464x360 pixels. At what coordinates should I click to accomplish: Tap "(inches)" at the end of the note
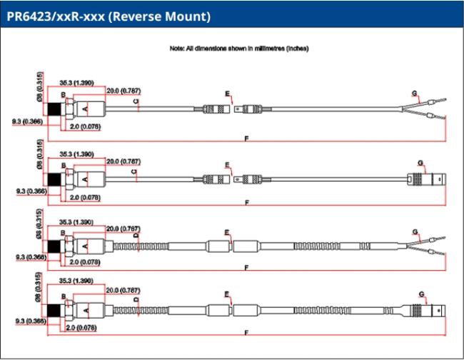(297, 48)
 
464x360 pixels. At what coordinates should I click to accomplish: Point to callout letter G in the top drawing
(414, 94)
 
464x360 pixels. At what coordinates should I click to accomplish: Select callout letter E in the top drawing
(228, 94)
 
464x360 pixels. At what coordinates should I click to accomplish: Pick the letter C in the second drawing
(135, 172)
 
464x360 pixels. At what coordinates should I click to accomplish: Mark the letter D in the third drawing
(135, 236)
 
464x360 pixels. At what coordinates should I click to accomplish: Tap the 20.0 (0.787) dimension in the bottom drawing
(123, 290)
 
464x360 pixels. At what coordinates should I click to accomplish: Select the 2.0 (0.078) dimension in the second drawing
(85, 196)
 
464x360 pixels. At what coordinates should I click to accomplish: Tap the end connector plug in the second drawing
(425, 179)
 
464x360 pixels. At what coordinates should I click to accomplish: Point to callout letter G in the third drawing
(414, 231)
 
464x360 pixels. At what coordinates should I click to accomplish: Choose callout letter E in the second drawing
(228, 165)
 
